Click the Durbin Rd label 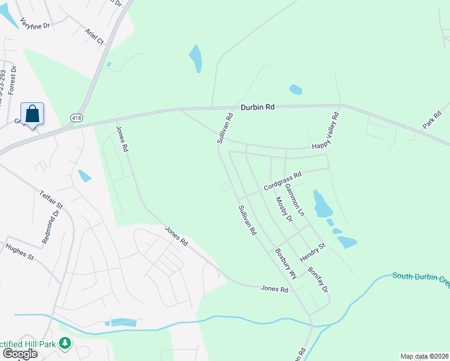click(x=257, y=107)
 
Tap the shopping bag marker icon click(x=32, y=114)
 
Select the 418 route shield click(x=76, y=117)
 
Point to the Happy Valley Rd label click(x=326, y=131)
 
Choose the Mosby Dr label click(x=283, y=209)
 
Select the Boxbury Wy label click(x=286, y=264)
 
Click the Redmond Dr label click(x=52, y=226)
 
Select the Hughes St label click(x=19, y=251)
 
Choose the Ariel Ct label click(x=94, y=37)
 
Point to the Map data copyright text click(x=424, y=356)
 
